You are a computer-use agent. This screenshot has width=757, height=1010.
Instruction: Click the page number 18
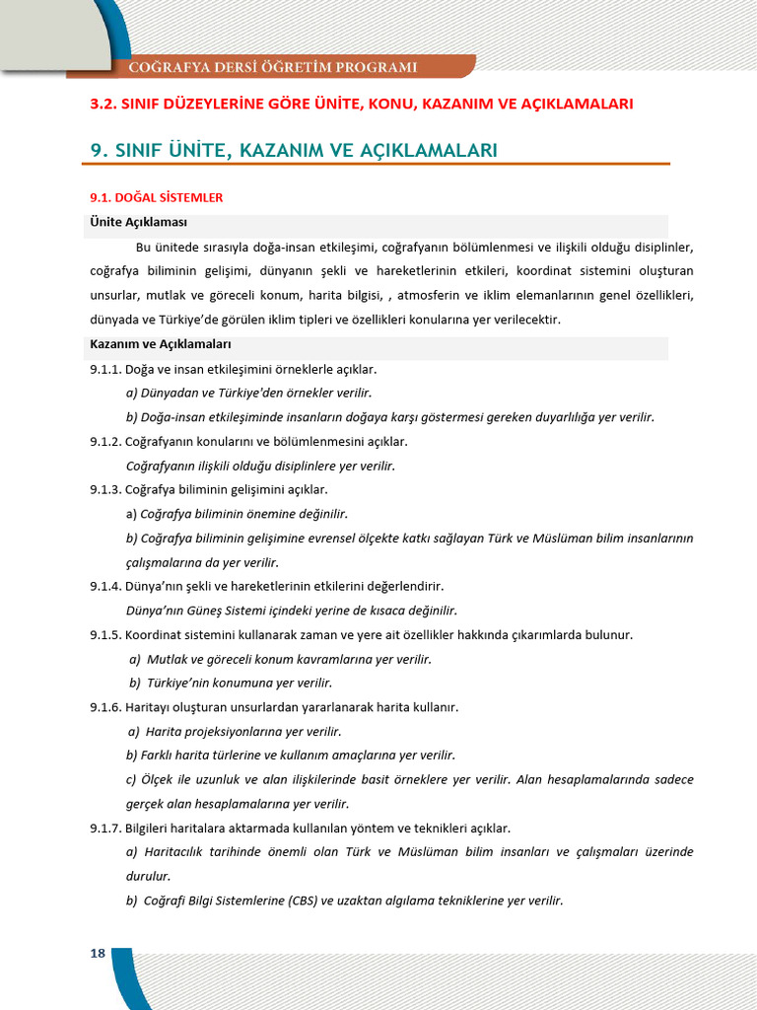98,953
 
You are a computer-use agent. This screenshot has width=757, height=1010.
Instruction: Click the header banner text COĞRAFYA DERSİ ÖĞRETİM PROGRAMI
273,67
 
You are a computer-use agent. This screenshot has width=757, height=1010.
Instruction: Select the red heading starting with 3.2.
361,104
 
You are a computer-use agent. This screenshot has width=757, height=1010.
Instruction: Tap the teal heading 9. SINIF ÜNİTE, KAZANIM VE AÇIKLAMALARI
294,150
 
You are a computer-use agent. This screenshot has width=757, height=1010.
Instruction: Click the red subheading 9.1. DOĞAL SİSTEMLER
156,197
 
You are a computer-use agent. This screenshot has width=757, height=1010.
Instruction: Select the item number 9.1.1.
105,369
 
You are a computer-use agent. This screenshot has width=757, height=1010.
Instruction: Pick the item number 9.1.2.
105,441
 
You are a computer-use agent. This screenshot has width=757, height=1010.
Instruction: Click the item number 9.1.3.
105,489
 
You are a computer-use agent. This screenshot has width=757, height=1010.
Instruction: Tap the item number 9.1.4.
105,586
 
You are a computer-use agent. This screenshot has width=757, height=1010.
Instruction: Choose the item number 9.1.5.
105,634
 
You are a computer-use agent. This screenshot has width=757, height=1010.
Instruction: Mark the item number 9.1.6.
105,707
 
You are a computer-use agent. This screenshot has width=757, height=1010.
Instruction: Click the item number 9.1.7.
105,828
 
